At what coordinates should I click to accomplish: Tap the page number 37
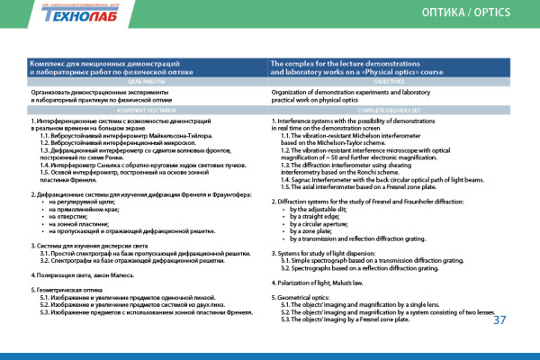click(501, 319)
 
